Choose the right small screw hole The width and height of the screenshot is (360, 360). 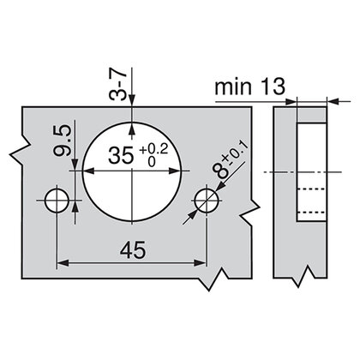(x=204, y=201)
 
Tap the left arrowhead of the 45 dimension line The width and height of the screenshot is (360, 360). (x=62, y=263)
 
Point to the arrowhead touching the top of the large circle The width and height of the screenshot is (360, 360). (x=131, y=129)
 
